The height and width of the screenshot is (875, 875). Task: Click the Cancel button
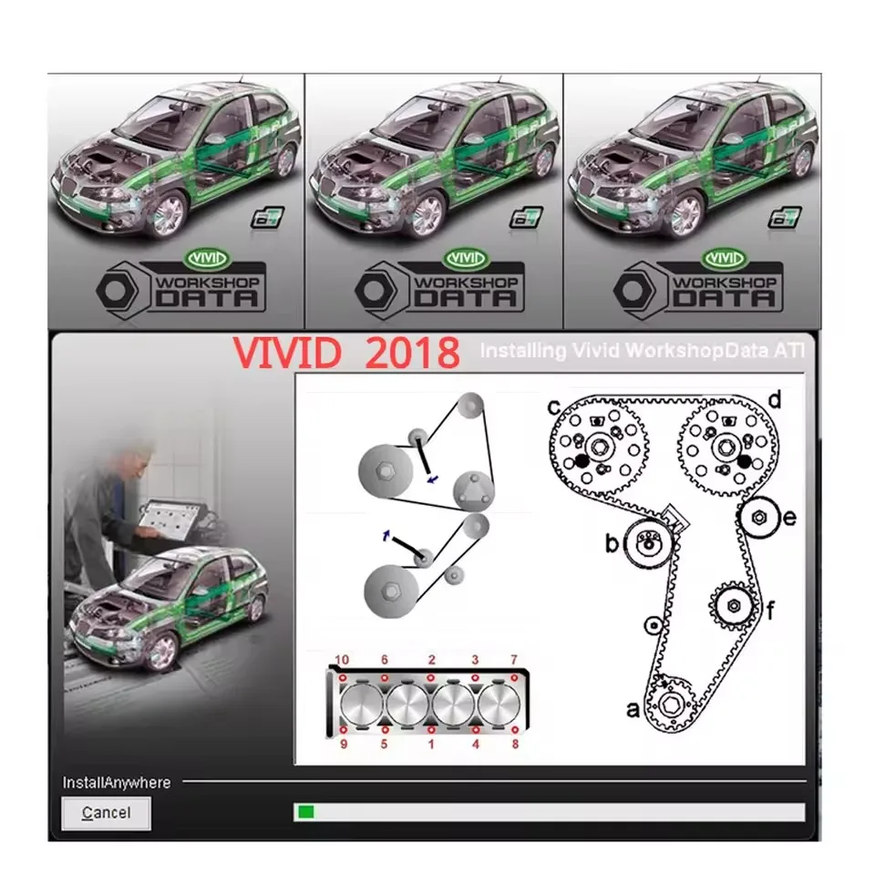106,813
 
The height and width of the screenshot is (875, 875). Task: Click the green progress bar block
306,811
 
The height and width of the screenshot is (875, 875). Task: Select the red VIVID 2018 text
345,353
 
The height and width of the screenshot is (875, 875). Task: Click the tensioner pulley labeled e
758,518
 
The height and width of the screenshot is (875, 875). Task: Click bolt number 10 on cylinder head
342,677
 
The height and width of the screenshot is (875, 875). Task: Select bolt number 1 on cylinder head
431,730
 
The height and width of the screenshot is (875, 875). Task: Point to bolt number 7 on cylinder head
514,677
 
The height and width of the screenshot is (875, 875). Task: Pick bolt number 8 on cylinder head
514,730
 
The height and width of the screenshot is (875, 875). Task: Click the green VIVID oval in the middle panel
471,259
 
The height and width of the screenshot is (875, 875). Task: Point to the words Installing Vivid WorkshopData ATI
642,350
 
